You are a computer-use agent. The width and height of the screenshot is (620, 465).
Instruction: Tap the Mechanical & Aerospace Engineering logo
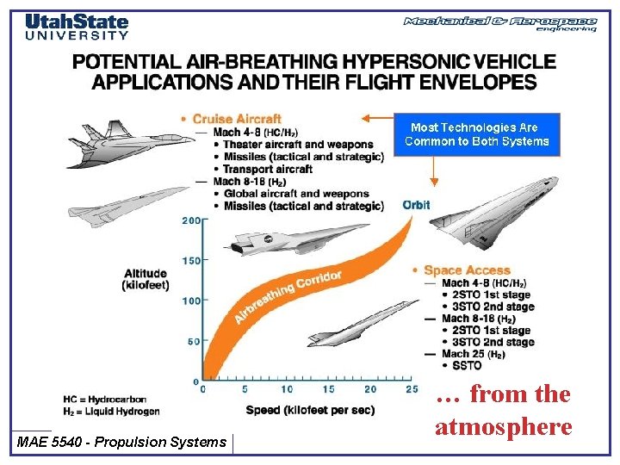(500, 23)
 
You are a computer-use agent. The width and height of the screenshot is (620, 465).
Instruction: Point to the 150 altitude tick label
(190, 260)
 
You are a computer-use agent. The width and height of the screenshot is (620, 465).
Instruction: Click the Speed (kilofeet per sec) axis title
(310, 410)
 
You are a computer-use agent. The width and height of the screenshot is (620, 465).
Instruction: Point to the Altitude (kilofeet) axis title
(145, 279)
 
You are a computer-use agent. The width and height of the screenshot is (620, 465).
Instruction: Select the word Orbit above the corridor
(416, 205)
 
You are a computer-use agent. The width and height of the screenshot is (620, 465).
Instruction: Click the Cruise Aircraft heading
(237, 119)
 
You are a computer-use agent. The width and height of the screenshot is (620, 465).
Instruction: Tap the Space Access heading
(467, 270)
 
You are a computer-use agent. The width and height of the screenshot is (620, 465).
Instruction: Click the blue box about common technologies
(476, 134)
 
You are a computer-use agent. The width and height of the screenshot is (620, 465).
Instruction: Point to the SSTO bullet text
(465, 366)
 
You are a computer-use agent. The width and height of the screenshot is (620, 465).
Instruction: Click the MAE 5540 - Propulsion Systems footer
(121, 442)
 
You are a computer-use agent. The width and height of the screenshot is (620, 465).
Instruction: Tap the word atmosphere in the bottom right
(503, 426)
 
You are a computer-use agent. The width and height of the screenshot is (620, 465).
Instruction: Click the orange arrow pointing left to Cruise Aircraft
(376, 117)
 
